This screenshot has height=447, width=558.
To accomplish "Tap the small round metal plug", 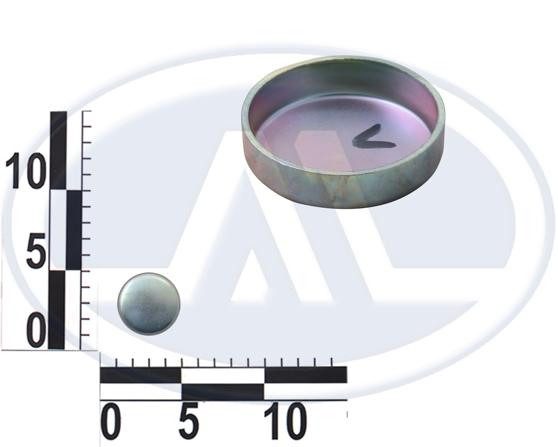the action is coord(149,304).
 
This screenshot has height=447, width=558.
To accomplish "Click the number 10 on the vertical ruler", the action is coord(24,170).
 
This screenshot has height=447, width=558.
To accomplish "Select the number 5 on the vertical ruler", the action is coord(36,251).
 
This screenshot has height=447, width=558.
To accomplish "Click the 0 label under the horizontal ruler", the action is coord(111,420).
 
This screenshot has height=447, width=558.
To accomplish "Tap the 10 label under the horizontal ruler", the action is coord(285,420).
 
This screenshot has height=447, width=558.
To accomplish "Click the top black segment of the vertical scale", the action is coord(58,151).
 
